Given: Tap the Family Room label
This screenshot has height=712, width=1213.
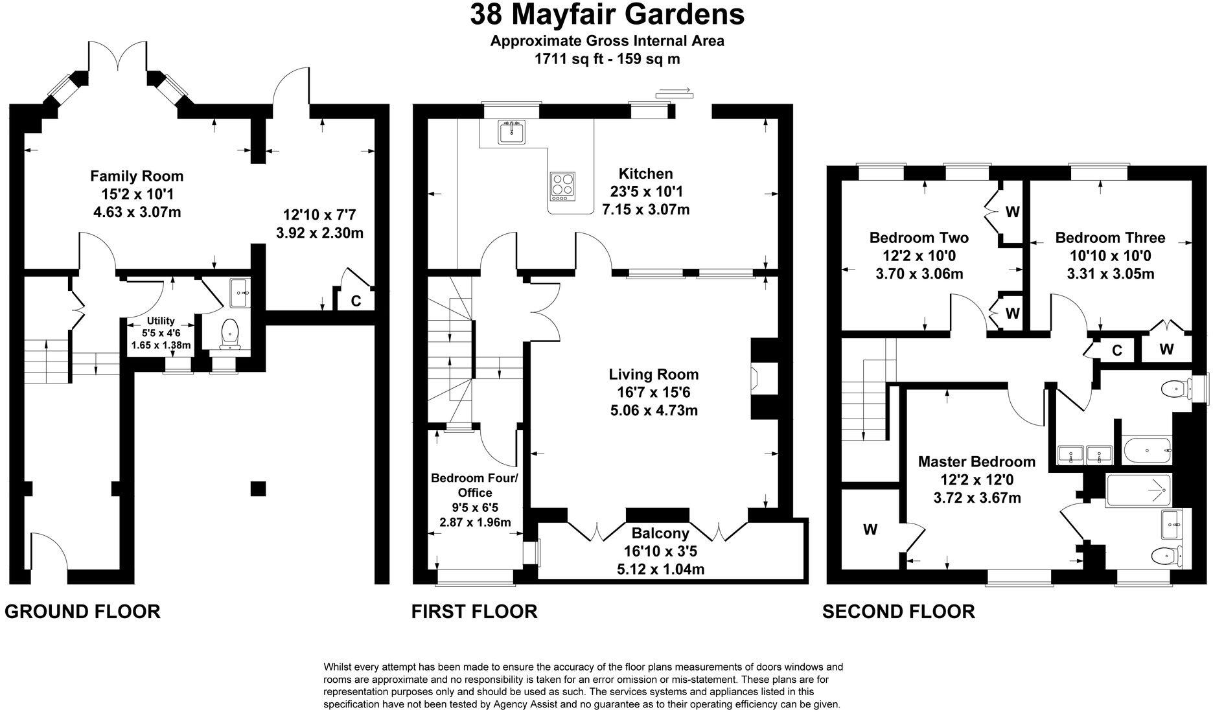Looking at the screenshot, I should click(137, 176).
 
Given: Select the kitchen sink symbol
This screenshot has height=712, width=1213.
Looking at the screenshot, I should click(512, 132).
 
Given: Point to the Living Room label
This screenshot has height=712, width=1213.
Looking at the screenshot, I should click(653, 374).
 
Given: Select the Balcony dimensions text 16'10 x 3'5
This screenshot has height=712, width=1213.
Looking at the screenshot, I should click(660, 552).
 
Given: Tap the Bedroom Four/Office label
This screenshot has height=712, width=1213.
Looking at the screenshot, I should click(475, 485).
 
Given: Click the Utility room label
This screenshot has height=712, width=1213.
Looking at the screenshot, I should click(161, 321).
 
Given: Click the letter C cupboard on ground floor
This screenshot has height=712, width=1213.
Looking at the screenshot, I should click(356, 301).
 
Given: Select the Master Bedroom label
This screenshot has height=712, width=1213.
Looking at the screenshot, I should click(976, 462).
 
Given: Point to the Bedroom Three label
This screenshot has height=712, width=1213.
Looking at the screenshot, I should click(1110, 238).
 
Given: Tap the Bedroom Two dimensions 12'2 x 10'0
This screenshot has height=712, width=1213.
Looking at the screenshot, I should click(919, 256).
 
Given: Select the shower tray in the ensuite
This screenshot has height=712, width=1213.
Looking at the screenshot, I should click(1138, 490).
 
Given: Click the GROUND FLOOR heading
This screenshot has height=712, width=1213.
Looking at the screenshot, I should click(83, 612).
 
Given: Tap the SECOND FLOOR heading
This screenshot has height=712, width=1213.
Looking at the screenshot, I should click(898, 612).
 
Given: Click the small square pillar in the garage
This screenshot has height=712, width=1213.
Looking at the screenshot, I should click(258, 488).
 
